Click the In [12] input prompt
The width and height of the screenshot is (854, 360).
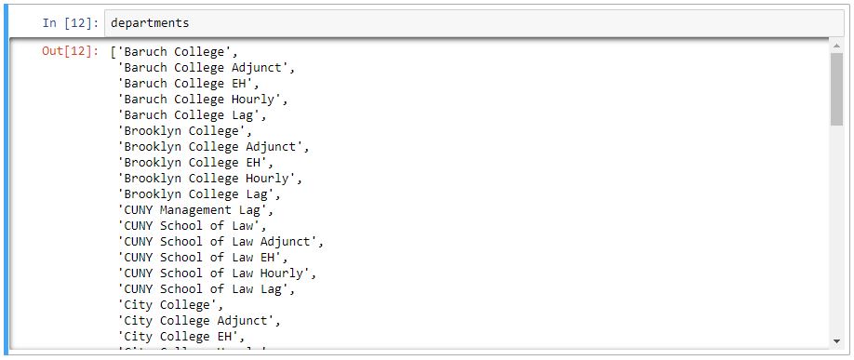point(69,22)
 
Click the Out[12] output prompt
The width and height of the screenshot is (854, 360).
point(69,51)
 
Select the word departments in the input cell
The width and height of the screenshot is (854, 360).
point(149,22)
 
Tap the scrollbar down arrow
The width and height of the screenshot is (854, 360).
point(836,342)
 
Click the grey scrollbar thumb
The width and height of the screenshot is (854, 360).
point(836,93)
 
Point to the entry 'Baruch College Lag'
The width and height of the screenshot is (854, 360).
point(191,115)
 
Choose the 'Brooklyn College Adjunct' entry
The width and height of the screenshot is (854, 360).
point(213,147)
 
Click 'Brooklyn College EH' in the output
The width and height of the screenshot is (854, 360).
point(194,163)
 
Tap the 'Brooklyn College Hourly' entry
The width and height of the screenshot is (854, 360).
point(209,179)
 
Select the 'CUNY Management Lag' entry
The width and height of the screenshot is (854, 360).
point(194,210)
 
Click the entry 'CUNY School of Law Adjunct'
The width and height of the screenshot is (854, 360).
point(220,242)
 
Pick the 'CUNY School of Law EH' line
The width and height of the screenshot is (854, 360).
point(202,258)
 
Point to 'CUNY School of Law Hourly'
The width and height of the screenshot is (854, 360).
point(217,273)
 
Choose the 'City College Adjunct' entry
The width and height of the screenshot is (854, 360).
point(198,321)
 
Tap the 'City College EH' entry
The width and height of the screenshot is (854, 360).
point(180,337)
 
